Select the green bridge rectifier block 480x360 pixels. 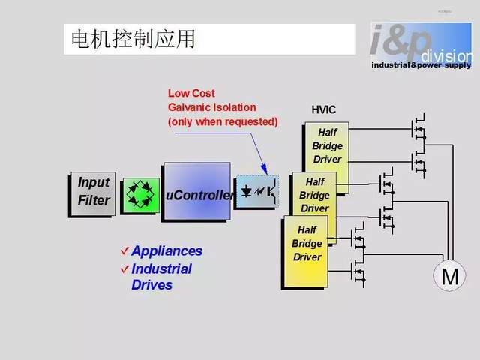pos(140,193)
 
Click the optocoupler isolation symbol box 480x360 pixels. pos(256,192)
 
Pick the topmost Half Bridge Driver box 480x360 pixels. pos(328,147)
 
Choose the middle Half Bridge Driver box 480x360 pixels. pos(315,195)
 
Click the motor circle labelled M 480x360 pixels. pos(450,277)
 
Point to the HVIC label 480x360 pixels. pos(324,110)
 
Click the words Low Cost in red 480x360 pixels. pos(191,94)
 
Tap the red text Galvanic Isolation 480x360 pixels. pos(211,107)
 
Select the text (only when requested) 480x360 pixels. pos(223,121)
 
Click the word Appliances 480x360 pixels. pos(166,251)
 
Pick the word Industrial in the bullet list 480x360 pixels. pos(161,268)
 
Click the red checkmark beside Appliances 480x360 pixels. pos(124,250)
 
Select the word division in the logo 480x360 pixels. pos(447,56)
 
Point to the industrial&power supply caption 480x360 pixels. pos(422,65)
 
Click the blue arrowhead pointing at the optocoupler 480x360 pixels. pos(264,169)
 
